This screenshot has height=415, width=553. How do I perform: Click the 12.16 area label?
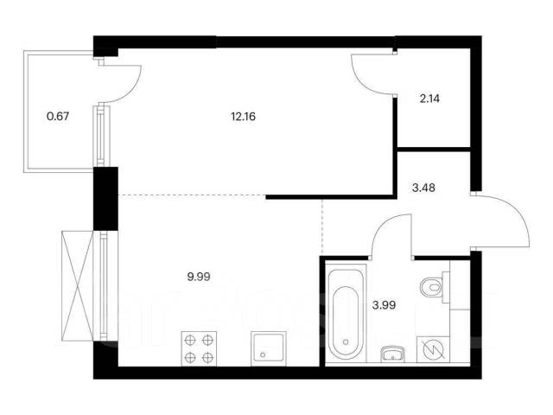pos(243,117)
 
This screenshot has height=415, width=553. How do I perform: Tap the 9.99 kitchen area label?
pos(199,277)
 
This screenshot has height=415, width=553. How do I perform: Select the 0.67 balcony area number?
pos(58,116)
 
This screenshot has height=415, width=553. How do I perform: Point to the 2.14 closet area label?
pos(429,99)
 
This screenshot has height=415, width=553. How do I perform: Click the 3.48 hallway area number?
pos(423,188)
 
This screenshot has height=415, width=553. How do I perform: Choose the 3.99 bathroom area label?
pos(384,304)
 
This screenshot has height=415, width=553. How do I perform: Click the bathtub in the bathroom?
pos(346,313)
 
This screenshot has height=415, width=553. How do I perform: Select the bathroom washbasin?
pos(393,354)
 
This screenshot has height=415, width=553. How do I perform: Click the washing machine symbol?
pos(433,349)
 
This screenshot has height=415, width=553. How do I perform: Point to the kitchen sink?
pos(267,348)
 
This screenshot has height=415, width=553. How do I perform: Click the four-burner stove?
pos(199,348)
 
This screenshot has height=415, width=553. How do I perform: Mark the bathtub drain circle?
pos(346,342)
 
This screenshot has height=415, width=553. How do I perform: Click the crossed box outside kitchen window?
pos(77,285)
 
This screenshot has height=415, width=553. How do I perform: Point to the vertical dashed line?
pos(322,226)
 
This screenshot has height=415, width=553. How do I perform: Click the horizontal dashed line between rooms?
pos(192,195)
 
